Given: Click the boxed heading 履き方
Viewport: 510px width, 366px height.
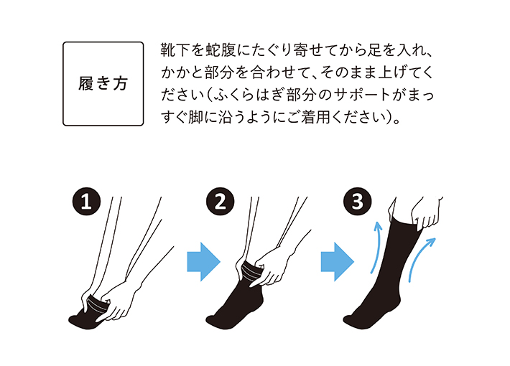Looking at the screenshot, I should tap(103, 83).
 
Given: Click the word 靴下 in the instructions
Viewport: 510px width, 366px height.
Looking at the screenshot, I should tap(175, 52).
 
